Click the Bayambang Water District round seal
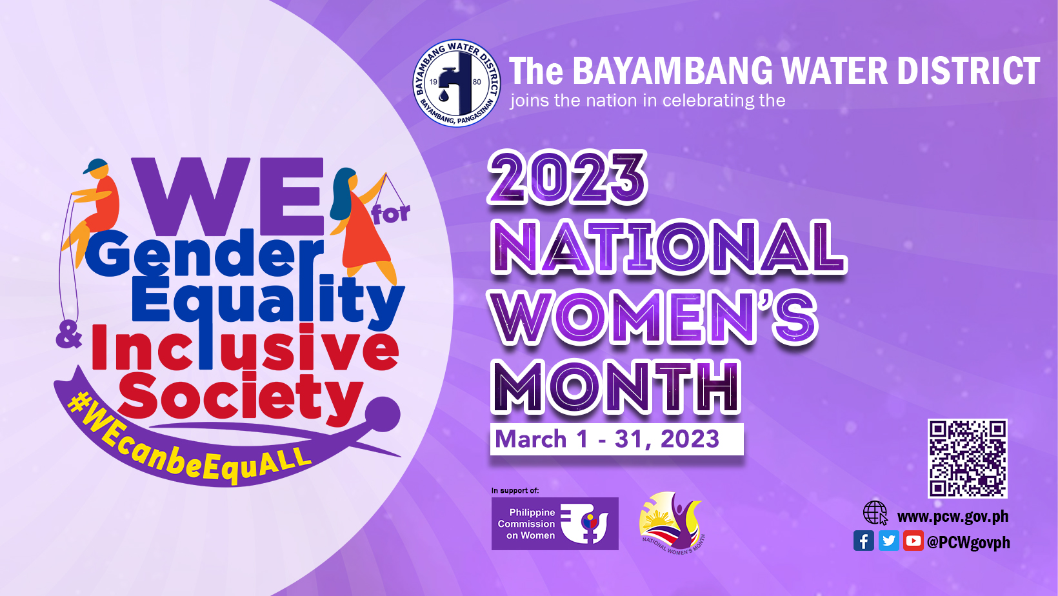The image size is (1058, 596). (x=456, y=83)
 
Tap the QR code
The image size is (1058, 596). (x=967, y=458)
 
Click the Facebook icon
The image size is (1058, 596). (x=863, y=541)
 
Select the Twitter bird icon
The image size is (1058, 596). (x=888, y=541)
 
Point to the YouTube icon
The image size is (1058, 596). (x=913, y=541)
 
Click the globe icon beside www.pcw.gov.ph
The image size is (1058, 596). (x=875, y=513)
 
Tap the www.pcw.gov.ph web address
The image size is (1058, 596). (x=953, y=517)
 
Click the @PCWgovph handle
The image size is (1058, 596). (x=968, y=542)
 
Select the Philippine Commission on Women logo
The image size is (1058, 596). (x=555, y=524)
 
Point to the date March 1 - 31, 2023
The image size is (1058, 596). (x=608, y=439)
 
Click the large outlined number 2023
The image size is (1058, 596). (x=567, y=177)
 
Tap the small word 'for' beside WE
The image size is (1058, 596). (x=391, y=214)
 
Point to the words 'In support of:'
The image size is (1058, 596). (x=515, y=491)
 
